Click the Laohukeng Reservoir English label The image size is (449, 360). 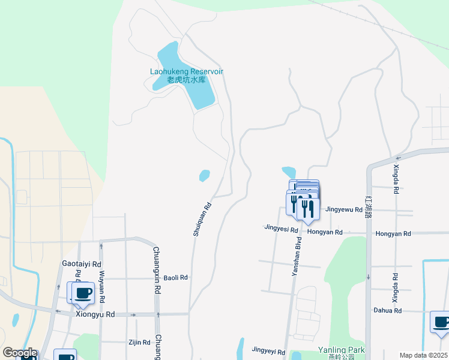(186, 71)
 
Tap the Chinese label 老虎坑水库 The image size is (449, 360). (186, 79)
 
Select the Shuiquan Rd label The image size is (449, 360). (202, 219)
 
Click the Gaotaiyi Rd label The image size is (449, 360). (82, 263)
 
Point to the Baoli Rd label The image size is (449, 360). (176, 278)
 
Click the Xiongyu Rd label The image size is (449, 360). (95, 314)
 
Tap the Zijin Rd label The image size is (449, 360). (139, 342)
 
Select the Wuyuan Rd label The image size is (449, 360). (101, 286)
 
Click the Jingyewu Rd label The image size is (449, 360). (344, 210)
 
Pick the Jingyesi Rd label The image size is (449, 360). (282, 228)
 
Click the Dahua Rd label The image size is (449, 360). (387, 310)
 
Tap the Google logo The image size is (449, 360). (20, 353)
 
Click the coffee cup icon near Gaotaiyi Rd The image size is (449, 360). (83, 292)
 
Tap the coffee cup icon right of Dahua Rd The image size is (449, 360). (441, 322)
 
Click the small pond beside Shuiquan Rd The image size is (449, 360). (205, 175)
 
